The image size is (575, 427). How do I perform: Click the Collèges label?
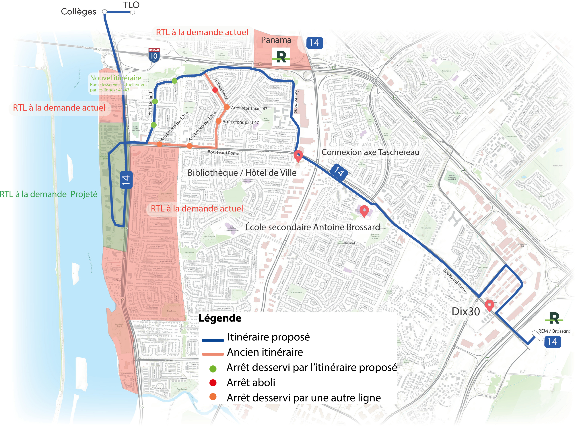78,12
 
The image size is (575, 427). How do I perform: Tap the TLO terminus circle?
132,12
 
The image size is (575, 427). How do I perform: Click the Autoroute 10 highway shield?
154,55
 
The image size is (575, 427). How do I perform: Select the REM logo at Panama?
281,57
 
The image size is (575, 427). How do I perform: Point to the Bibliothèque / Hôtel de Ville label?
242,173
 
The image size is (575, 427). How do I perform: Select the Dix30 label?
466,312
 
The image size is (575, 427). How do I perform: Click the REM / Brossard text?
554,331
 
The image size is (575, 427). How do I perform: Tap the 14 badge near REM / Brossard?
552,342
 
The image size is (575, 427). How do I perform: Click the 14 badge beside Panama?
314,43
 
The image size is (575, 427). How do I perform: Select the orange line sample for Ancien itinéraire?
213,354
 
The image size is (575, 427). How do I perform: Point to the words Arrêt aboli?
251,383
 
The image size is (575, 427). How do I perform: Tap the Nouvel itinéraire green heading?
115,78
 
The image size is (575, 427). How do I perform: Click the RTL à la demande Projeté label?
49,194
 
